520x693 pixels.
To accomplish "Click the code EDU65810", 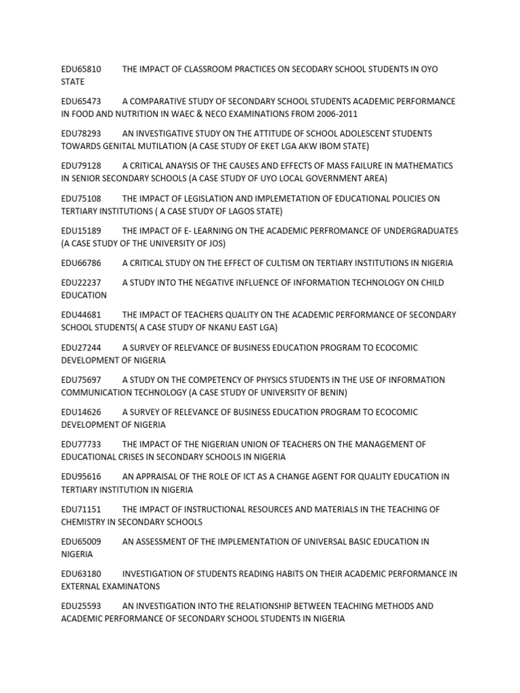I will (81, 69).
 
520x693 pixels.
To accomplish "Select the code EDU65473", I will (81, 102).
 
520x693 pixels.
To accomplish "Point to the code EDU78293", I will (81, 134).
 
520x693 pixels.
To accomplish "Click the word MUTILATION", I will (163, 146).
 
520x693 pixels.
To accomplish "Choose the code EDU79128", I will (81, 166).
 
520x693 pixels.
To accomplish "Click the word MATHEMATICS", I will (425, 166).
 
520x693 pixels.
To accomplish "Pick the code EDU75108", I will (81, 198).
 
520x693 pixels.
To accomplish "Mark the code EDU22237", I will (81, 283).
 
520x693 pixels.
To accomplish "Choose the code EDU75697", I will (81, 380).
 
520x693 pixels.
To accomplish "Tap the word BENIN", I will (329, 393).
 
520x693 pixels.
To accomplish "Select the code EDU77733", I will (81, 445).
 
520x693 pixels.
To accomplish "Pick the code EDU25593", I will (81, 606).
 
